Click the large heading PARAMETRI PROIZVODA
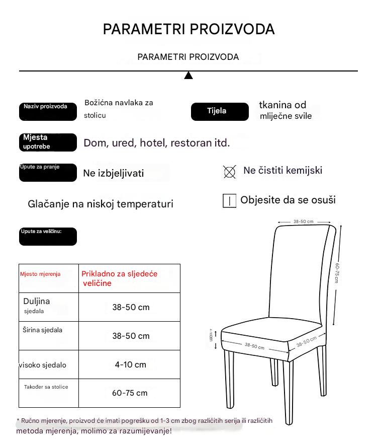[x=189, y=29]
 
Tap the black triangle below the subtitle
[x=189, y=76]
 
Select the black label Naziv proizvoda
[x=48, y=112]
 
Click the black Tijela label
[x=220, y=111]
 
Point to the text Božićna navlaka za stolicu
[x=119, y=109]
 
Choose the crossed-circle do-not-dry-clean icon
[x=229, y=172]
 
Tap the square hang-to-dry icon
[x=229, y=201]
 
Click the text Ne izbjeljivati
[x=114, y=174]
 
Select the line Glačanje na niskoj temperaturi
[x=101, y=204]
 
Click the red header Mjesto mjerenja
[x=40, y=274]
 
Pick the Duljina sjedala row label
[x=37, y=306]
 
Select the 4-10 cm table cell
[x=131, y=364]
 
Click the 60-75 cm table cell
[x=130, y=393]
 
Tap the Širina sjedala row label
[x=43, y=330]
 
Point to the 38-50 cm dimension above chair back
[x=304, y=221]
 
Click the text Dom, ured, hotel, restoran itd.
[x=157, y=143]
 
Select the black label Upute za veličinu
[x=48, y=236]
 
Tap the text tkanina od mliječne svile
[x=285, y=110]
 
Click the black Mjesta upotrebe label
[x=48, y=142]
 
